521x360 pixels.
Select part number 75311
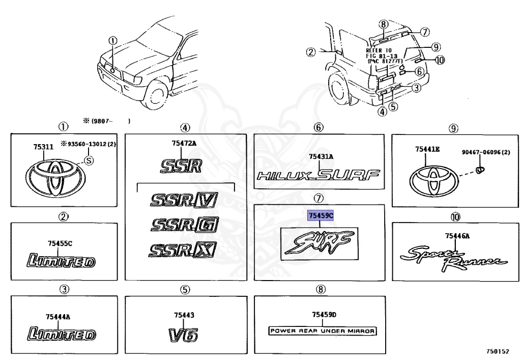pos(43,147)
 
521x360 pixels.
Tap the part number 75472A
pos(180,144)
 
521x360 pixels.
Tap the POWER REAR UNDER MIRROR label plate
pos(322,331)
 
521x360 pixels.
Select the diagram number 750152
pos(497,352)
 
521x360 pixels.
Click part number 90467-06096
pos(486,152)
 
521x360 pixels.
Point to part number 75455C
pos(60,243)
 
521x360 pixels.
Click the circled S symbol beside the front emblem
pos(88,160)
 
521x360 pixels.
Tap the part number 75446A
pos(457,235)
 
